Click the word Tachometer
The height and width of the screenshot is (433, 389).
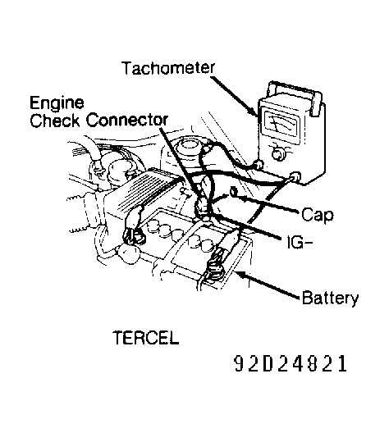click(x=170, y=67)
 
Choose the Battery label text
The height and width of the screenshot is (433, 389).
click(x=328, y=298)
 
